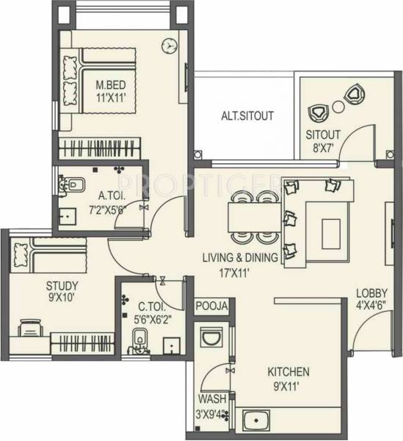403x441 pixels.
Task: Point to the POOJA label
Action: point(212,306)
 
